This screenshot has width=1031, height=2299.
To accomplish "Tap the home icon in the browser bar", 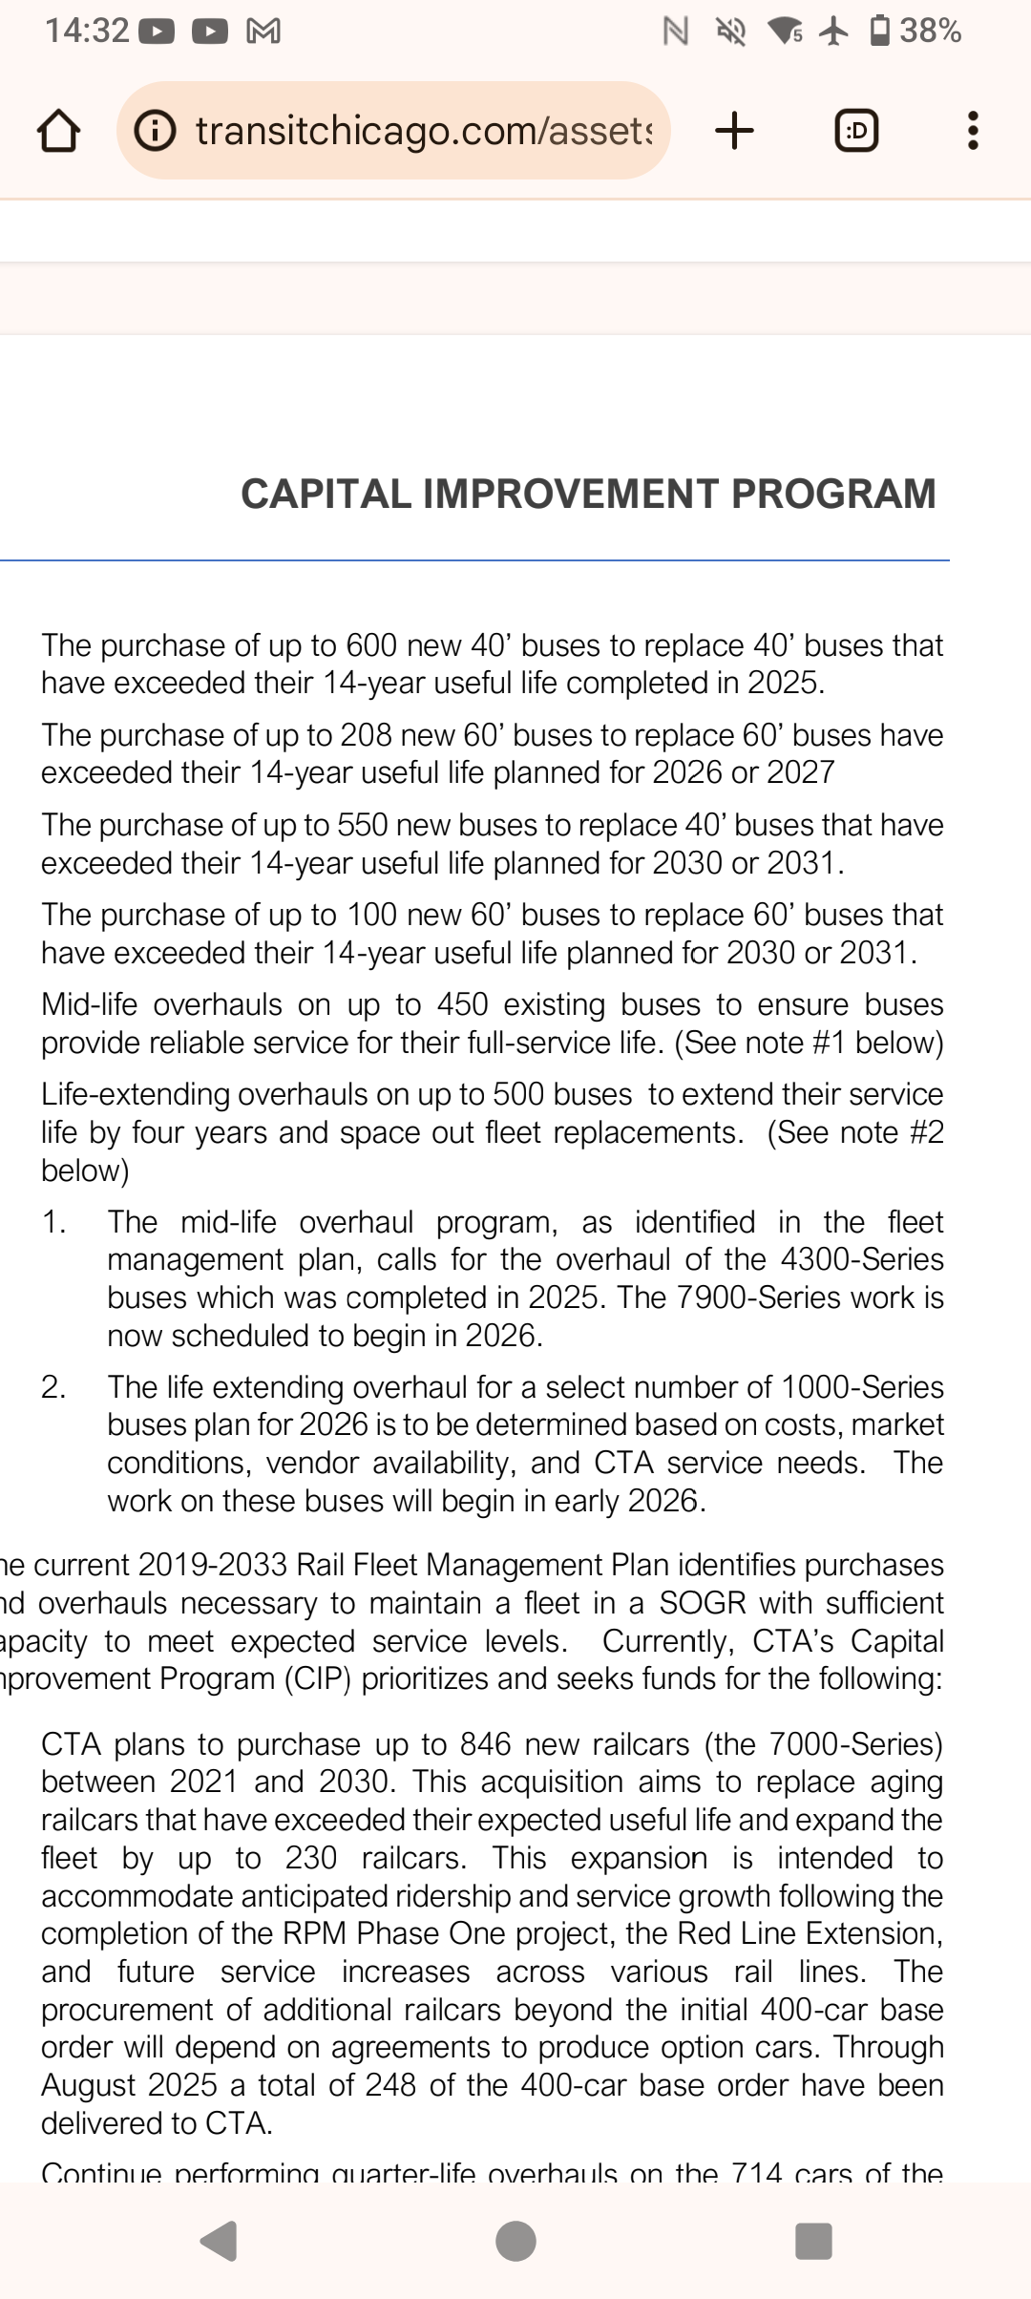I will click(57, 131).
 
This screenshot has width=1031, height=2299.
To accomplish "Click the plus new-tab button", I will click(734, 131).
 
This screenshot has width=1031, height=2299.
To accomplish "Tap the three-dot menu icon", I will click(973, 131).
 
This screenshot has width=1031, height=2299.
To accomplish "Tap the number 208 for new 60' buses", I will click(364, 735).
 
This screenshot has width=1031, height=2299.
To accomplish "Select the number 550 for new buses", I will click(364, 825).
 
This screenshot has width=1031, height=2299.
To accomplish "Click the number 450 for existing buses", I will click(462, 1004).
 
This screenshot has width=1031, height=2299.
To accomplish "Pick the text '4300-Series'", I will click(862, 1259).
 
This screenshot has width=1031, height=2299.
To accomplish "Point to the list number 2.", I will click(53, 1386).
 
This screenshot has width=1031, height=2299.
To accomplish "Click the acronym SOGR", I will click(704, 1603).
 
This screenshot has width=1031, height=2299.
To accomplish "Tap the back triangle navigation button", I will click(219, 2241).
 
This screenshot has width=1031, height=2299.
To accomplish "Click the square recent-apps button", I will click(813, 2241).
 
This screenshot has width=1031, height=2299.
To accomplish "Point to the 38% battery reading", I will click(930, 32).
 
